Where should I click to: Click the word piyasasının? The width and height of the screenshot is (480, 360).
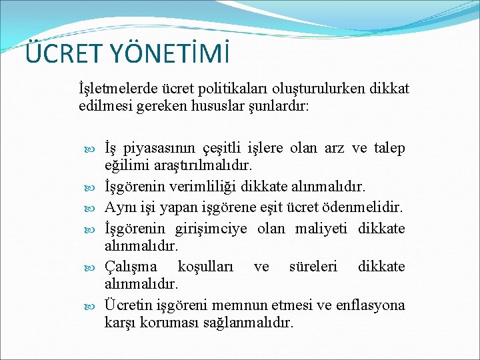pyautogui.click(x=159, y=148)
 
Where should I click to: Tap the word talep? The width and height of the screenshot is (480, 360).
pyautogui.click(x=389, y=148)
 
